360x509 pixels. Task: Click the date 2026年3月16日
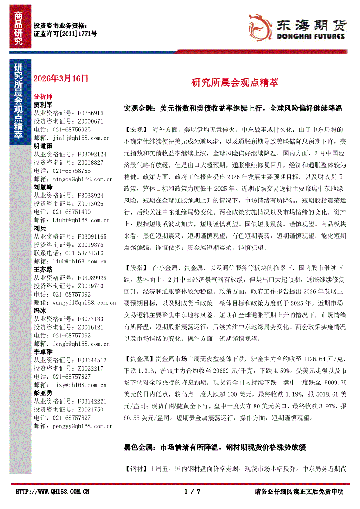(61, 79)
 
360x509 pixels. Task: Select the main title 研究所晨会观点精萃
(235, 82)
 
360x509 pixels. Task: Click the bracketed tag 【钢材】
(136, 469)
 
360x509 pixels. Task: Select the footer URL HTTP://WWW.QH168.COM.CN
(52, 492)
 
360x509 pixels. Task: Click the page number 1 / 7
(192, 492)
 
